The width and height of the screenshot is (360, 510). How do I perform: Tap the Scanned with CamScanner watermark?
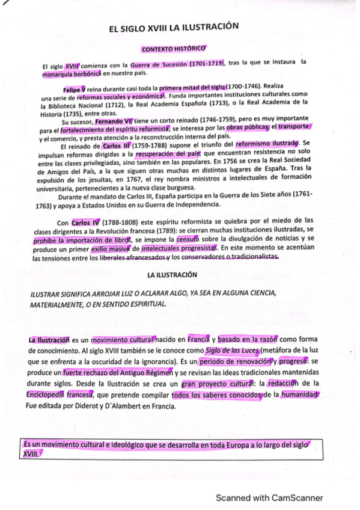[269, 497]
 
